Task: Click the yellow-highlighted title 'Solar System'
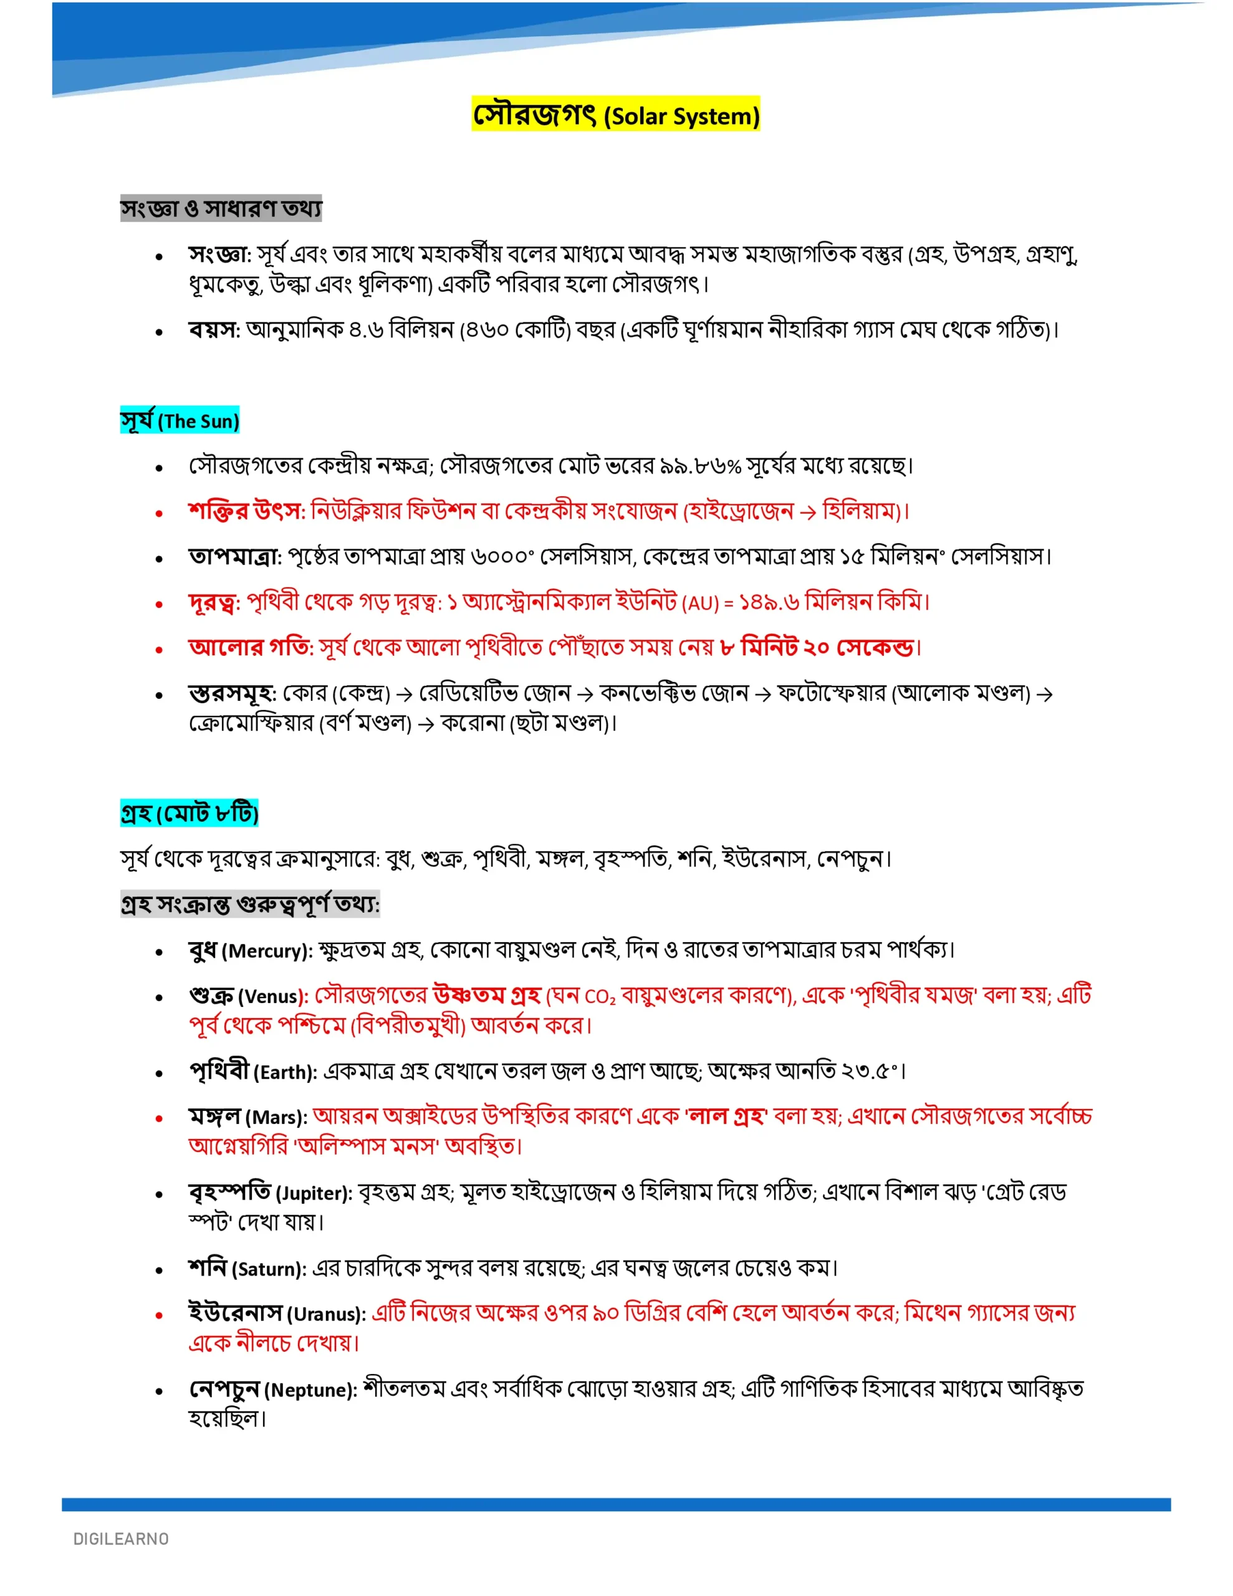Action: click(682, 116)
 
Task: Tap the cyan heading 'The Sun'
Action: click(198, 421)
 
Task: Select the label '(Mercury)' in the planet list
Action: click(267, 951)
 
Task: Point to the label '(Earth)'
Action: click(285, 1073)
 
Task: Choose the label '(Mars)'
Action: click(276, 1118)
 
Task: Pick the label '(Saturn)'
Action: click(268, 1269)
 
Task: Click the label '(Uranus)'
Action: click(325, 1315)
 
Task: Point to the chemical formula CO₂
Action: click(601, 997)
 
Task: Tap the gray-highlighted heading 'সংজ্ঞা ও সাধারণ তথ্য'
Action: click(221, 209)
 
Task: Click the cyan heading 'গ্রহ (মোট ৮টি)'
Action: click(190, 814)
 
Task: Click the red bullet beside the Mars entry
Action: click(158, 1118)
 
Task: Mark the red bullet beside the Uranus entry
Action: click(158, 1315)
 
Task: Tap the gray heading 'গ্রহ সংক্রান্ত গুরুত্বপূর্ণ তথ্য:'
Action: click(250, 905)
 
